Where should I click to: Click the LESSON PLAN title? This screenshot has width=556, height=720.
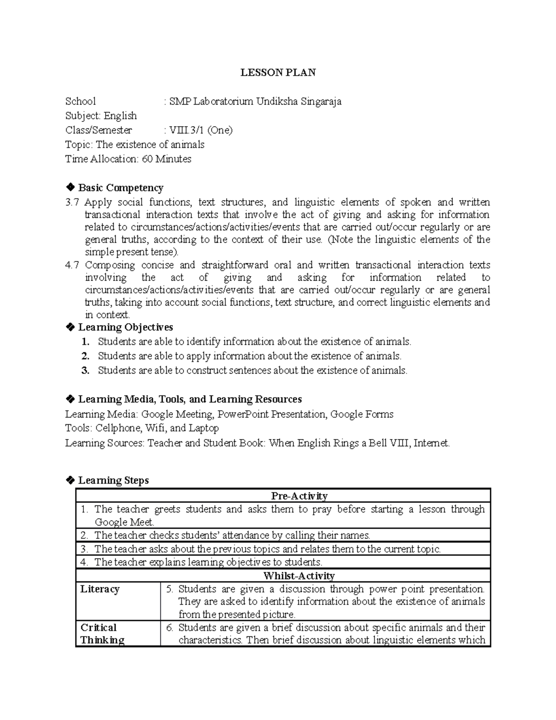point(278,72)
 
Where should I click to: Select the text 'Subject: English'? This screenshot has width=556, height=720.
point(101,116)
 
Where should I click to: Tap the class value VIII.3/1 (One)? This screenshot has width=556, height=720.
point(201,130)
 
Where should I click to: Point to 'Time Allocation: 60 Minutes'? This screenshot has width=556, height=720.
point(128,159)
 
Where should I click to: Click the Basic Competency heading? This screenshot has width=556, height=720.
point(120,188)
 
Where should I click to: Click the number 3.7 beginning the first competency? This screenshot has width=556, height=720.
point(72,202)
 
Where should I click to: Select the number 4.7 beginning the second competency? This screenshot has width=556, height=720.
point(72,265)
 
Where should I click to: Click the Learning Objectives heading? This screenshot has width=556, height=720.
point(125,327)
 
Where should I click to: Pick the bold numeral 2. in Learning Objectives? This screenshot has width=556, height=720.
point(85,356)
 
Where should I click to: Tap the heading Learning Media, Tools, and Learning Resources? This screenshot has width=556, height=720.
point(190,399)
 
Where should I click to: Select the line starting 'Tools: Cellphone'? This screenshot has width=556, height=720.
point(142,428)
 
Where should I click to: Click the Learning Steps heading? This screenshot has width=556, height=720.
point(113,480)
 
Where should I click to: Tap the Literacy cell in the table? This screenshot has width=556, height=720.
point(100,589)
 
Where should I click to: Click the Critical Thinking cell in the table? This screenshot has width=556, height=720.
point(102,634)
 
